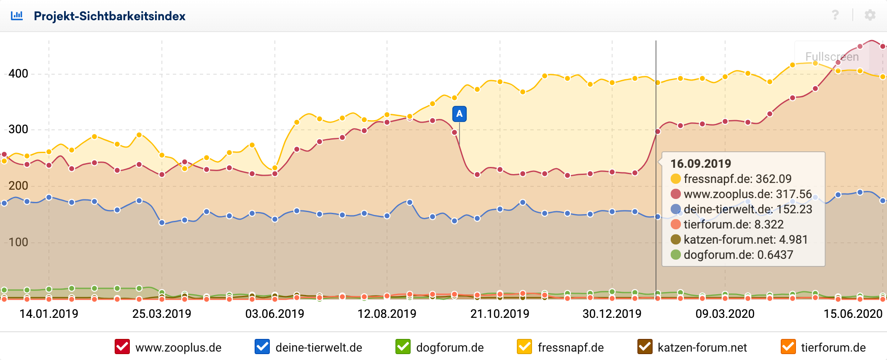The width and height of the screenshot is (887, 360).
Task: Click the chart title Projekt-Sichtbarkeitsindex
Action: [x=110, y=16]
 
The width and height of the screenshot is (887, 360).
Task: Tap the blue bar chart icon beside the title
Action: [x=17, y=16]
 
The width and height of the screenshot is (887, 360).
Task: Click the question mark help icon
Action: [x=835, y=15]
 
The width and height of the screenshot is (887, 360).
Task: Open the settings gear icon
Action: [x=870, y=15]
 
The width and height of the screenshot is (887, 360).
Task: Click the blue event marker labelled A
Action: [x=459, y=114]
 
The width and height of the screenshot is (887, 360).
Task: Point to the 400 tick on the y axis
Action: [x=19, y=74]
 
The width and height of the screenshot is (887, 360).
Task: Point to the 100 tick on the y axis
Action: [x=19, y=242]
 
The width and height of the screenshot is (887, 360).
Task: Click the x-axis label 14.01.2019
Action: [x=49, y=314]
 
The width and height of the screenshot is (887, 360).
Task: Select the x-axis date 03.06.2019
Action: [x=275, y=314]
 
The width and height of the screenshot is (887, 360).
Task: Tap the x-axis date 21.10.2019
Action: [x=500, y=314]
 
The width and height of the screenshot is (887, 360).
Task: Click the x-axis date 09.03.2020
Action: [x=725, y=314]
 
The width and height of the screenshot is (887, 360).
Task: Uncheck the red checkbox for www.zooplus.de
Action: [x=122, y=347]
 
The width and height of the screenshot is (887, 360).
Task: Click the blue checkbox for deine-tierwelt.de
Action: [x=262, y=347]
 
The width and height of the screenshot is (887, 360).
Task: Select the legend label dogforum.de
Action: [x=450, y=348]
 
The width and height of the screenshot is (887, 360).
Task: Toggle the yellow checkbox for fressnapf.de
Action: [x=524, y=347]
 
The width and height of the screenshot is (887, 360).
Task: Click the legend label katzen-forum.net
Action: [x=702, y=348]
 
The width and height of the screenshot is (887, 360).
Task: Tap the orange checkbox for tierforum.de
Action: [x=788, y=347]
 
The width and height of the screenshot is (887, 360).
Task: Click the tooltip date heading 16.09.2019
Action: [x=701, y=164]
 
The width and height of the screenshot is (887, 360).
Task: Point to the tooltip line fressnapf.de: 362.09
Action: [x=737, y=179]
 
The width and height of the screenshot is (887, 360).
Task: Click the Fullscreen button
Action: [x=832, y=56]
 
